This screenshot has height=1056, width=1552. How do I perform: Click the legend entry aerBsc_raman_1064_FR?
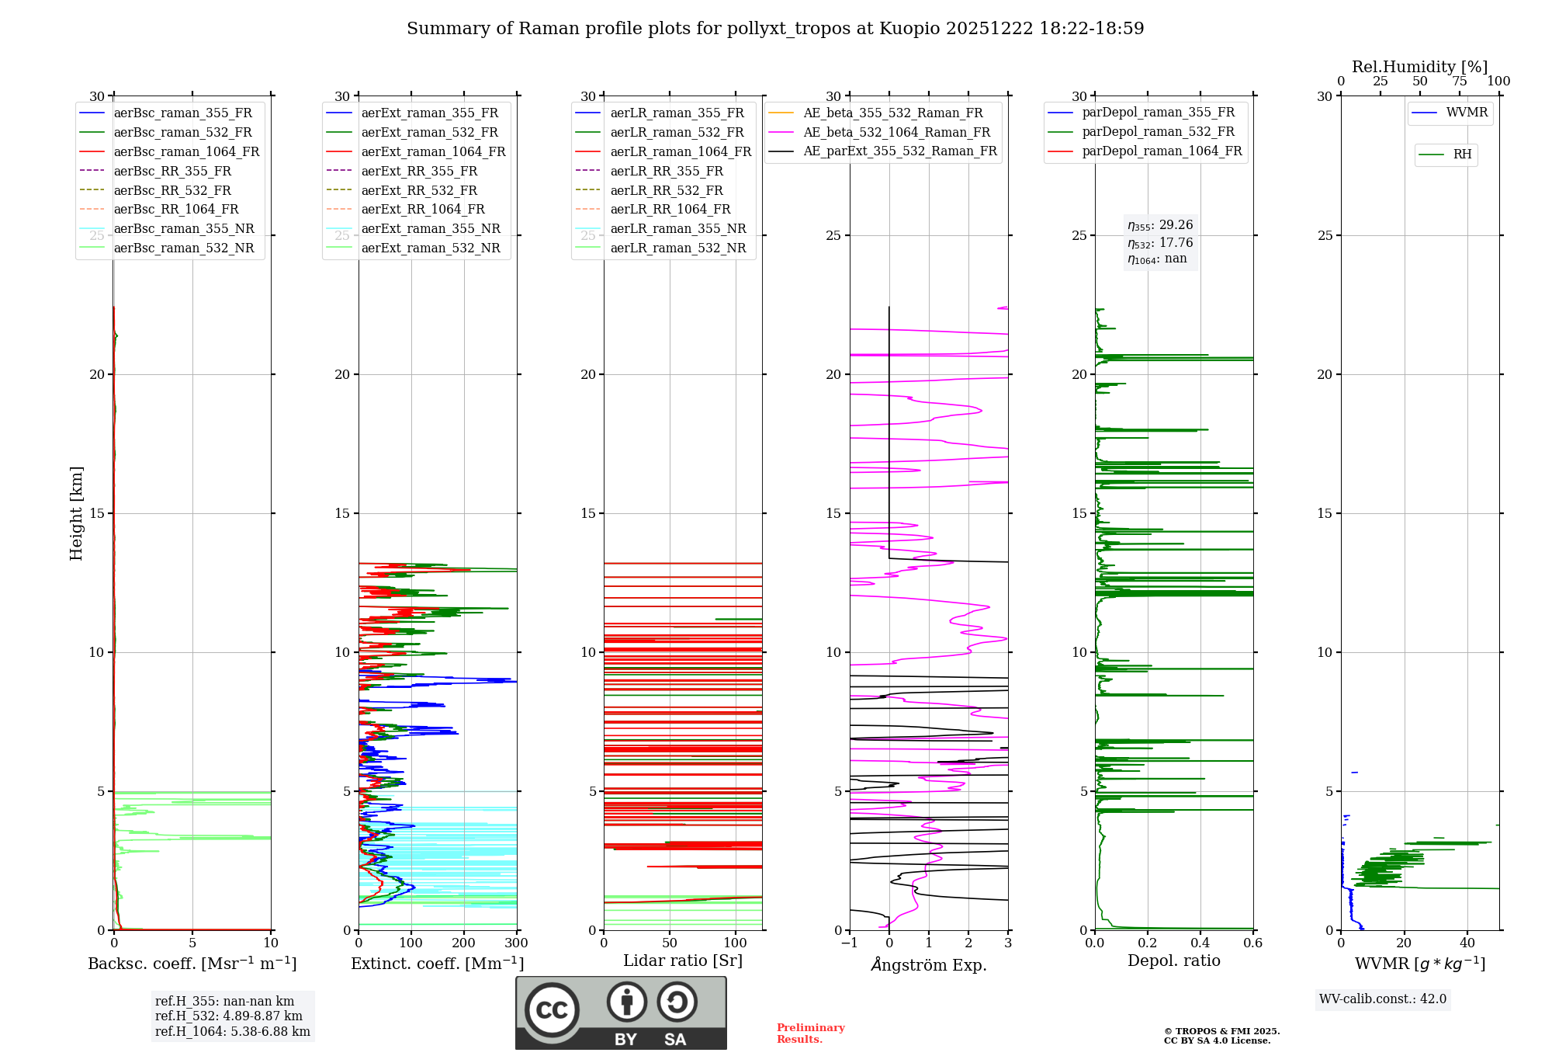point(169,151)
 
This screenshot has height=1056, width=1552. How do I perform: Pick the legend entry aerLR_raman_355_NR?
point(660,228)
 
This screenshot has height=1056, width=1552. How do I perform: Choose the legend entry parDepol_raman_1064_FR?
point(1145,151)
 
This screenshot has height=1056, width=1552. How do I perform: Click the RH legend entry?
point(1445,155)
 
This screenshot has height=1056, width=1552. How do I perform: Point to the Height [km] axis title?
point(76,513)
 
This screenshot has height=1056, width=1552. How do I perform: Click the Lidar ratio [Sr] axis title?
point(683,960)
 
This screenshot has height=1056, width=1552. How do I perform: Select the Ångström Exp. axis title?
point(929,964)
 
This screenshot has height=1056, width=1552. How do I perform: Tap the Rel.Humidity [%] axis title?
point(1420,67)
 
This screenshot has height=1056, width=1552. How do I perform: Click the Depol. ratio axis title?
point(1174,960)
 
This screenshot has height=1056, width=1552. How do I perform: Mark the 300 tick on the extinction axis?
point(516,943)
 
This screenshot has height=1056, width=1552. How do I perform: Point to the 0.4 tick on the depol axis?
point(1200,943)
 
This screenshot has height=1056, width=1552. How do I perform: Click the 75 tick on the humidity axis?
point(1460,81)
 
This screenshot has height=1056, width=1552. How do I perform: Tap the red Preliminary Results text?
point(811,1033)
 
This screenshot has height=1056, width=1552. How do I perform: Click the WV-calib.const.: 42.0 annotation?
point(1383,999)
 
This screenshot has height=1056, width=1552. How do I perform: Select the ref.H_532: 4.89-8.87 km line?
point(229,1016)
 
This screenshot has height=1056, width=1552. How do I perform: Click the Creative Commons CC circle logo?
point(552,1010)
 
